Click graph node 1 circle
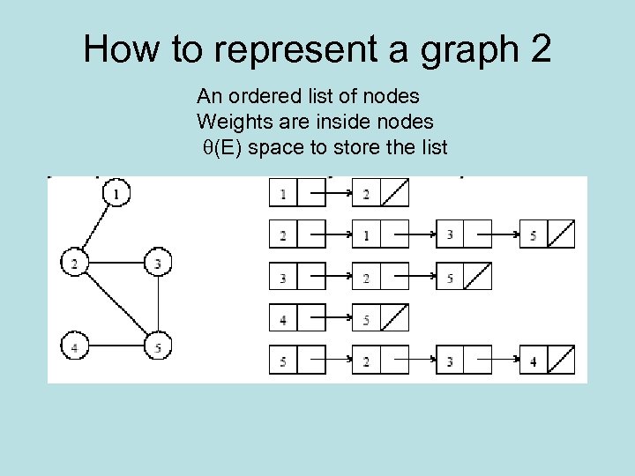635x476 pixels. coord(116,191)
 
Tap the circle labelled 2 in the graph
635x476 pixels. coord(74,262)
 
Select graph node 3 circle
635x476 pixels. coord(158,262)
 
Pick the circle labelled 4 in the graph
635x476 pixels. coord(74,347)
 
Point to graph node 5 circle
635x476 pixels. coord(158,347)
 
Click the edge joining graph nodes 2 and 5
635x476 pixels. coord(116,304)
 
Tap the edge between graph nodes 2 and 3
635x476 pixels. coord(116,262)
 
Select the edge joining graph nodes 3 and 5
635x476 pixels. coord(158,304)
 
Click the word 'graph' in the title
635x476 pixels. coord(465,49)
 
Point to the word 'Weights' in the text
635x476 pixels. coord(230,121)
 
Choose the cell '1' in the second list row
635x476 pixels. coord(366,235)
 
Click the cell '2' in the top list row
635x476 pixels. coord(366,194)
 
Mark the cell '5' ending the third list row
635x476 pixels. coord(450,279)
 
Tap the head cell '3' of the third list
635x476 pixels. coord(283,279)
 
